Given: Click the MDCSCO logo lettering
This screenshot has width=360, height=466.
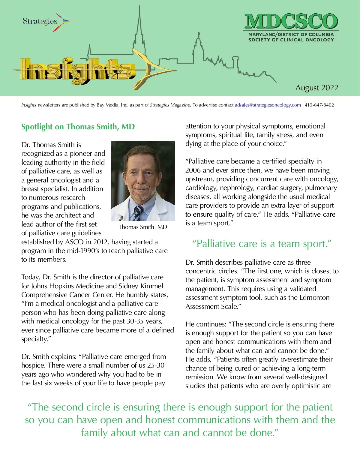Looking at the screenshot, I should click(291, 22).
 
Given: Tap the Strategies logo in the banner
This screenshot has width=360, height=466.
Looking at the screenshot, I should click(40, 21).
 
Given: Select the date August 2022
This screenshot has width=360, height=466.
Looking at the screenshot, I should click(317, 88).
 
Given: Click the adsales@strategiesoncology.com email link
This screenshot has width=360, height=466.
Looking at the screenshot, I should click(268, 105).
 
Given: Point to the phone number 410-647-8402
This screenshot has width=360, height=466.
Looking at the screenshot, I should click(319, 105).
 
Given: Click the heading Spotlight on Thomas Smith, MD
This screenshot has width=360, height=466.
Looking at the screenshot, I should click(78, 127).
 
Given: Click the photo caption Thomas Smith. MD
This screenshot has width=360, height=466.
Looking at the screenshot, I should click(143, 227).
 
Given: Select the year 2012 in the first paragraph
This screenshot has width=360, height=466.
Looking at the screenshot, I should click(100, 242).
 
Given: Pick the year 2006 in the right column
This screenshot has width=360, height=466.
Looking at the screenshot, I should click(193, 170).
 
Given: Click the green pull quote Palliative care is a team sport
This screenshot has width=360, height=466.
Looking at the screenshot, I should click(262, 244).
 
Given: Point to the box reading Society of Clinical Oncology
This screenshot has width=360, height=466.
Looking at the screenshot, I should click(291, 37).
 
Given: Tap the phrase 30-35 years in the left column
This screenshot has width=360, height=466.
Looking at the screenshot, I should click(145, 321).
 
